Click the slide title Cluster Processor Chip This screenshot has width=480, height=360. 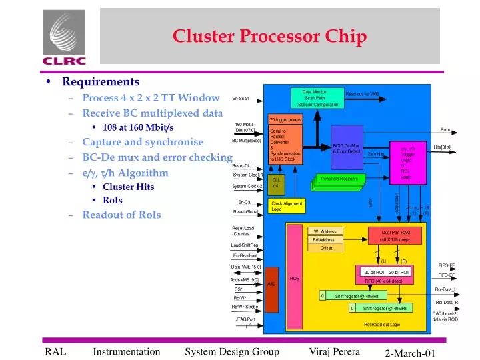point(270,37)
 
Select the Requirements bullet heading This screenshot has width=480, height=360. point(101,81)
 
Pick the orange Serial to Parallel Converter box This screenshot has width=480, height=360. point(285,145)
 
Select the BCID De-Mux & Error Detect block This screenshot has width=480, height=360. point(347,148)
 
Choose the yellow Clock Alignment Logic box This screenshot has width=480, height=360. point(285,206)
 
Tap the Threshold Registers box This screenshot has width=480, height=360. point(339,179)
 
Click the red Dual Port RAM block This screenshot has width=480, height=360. point(395,235)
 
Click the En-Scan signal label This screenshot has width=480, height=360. point(241,99)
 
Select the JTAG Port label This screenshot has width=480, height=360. point(245,319)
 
